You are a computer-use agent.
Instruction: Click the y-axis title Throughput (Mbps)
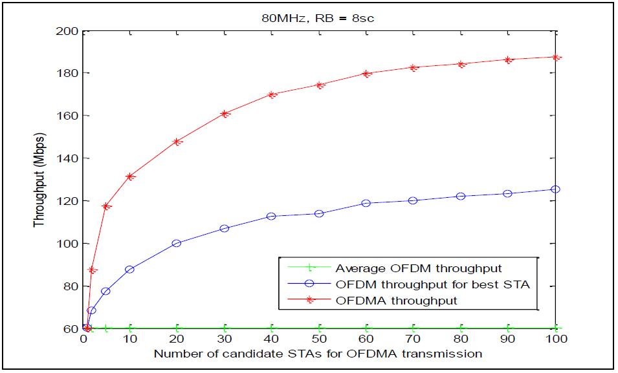pyautogui.click(x=39, y=180)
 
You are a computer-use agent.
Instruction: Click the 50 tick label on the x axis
pyautogui.click(x=319, y=339)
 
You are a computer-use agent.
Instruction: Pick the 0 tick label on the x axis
pyautogui.click(x=84, y=339)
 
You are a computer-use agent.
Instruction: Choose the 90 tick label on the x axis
pyautogui.click(x=507, y=339)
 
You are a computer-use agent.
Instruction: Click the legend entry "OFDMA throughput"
pyautogui.click(x=396, y=301)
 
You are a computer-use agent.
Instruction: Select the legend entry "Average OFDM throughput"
pyautogui.click(x=418, y=268)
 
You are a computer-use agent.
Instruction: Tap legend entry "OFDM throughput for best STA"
pyautogui.click(x=432, y=284)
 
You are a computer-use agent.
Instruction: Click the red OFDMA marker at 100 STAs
pyautogui.click(x=555, y=57)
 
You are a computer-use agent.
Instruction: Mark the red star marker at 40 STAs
pyautogui.click(x=272, y=94)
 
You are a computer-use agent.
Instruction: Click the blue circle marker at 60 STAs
pyautogui.click(x=366, y=203)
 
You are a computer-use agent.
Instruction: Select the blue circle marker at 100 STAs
pyautogui.click(x=555, y=189)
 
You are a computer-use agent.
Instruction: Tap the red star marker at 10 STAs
pyautogui.click(x=131, y=176)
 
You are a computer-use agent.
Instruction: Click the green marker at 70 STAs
pyautogui.click(x=414, y=328)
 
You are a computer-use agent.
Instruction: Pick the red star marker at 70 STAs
pyautogui.click(x=414, y=67)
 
